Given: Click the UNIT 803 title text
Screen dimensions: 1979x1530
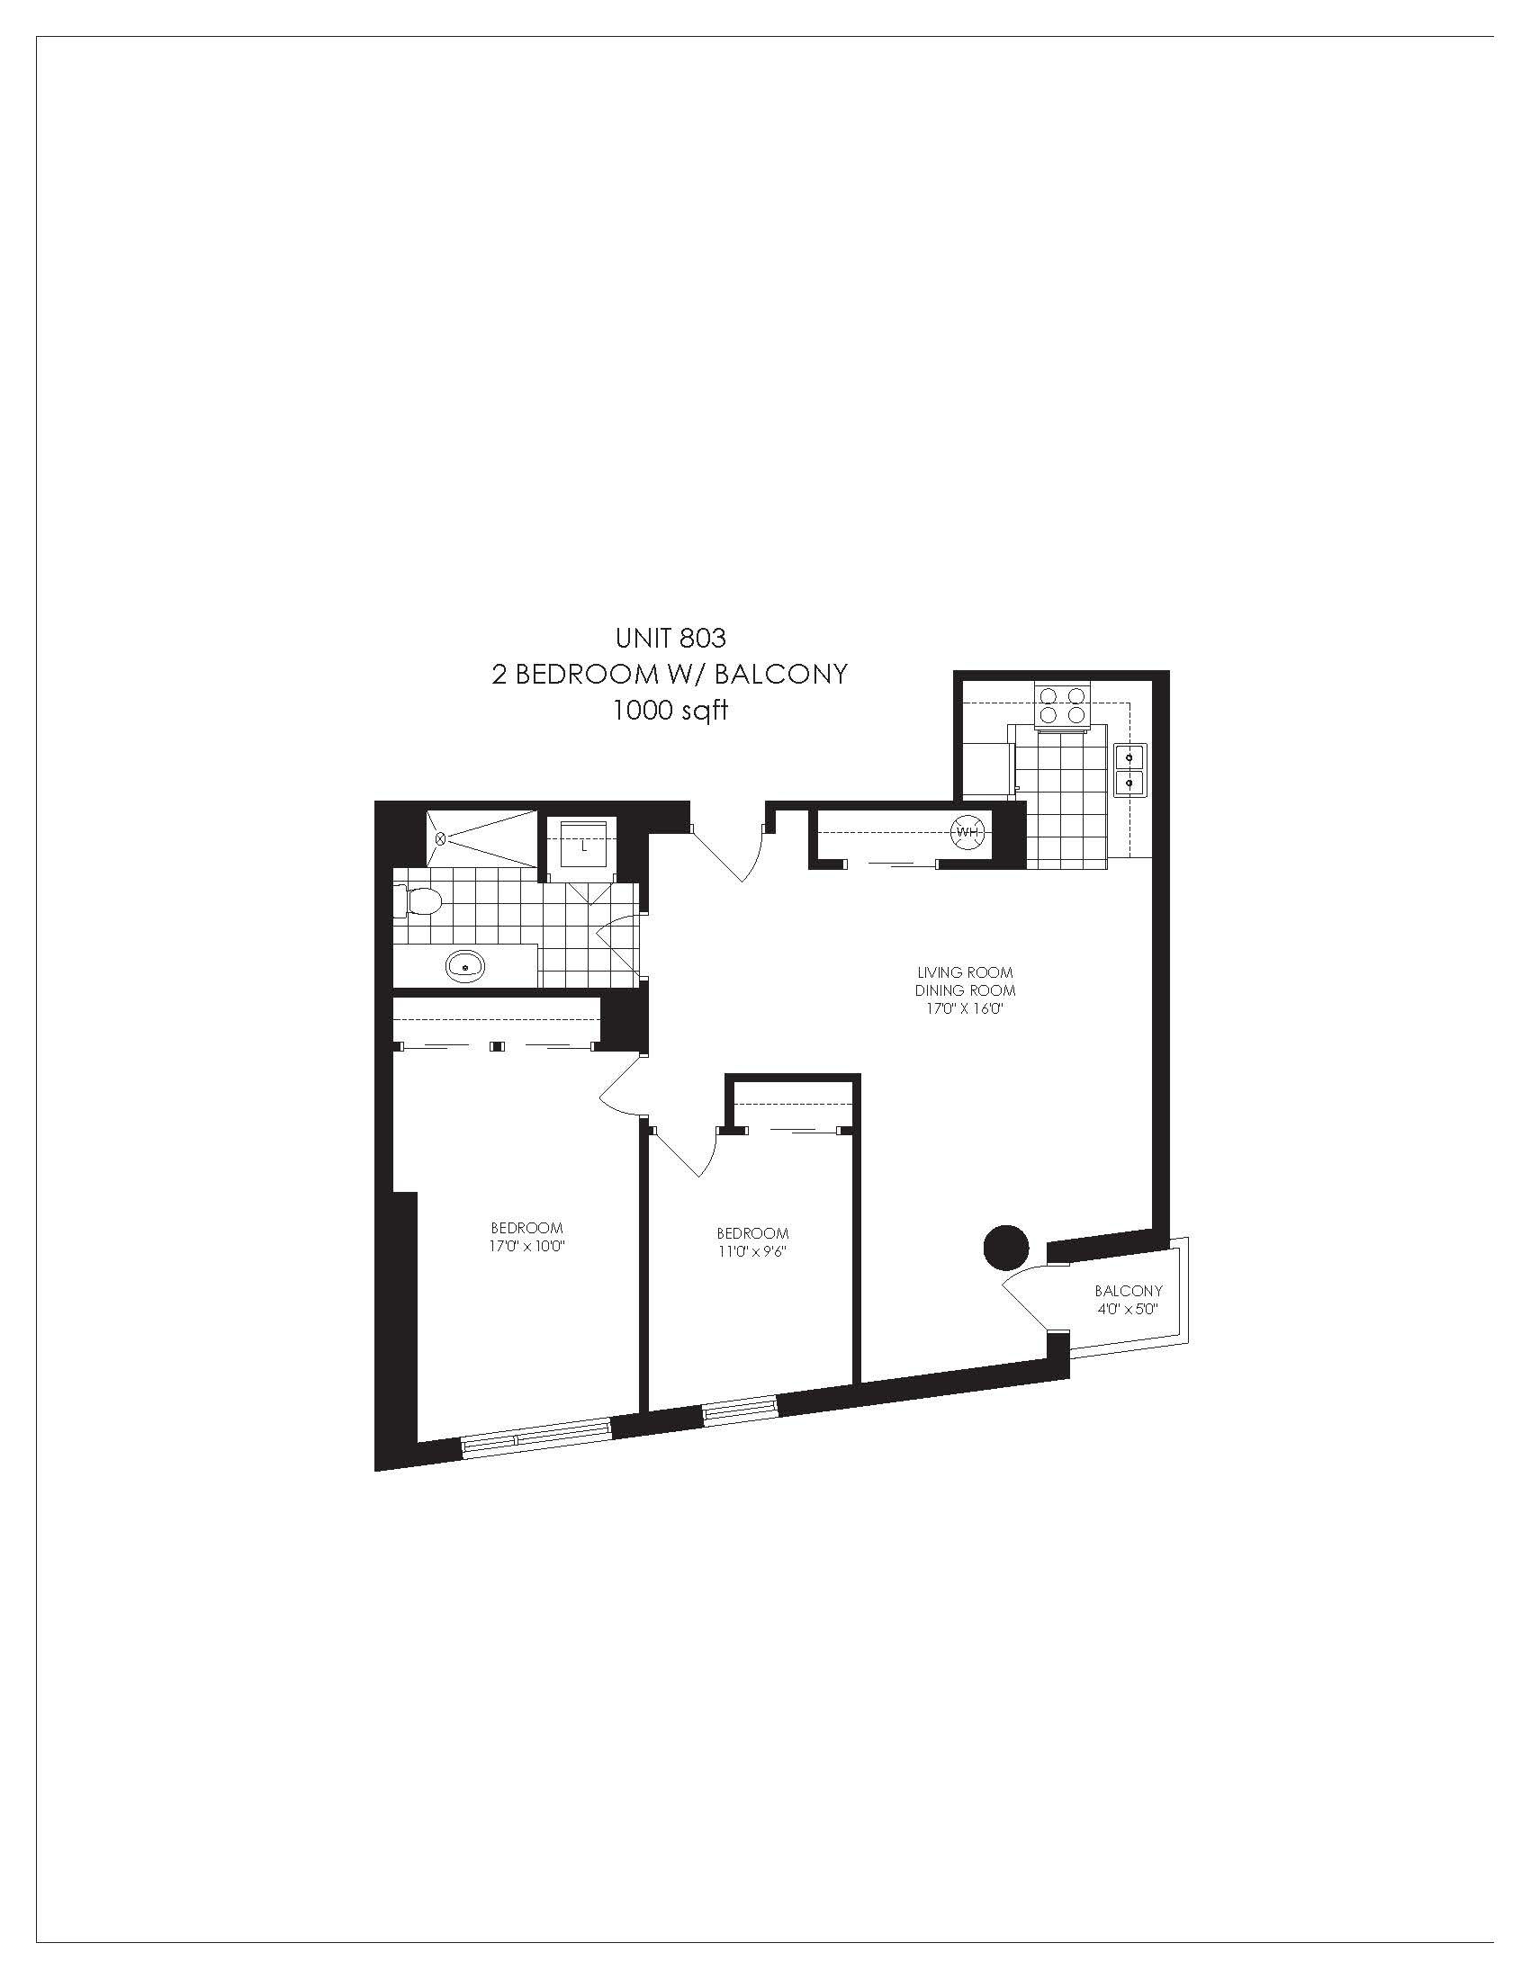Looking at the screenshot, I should (x=670, y=638).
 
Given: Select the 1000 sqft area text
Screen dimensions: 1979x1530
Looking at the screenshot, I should (x=670, y=711).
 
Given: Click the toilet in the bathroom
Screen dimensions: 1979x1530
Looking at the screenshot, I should (x=419, y=900).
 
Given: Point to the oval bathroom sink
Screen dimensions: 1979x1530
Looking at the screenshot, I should (x=466, y=966).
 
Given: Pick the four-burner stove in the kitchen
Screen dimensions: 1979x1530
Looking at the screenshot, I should (x=1063, y=705).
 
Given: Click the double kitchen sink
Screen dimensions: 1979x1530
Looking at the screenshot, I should (x=1130, y=768).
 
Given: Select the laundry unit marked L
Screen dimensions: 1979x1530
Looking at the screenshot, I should (x=583, y=847).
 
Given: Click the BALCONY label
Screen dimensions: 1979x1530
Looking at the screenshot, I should (x=1128, y=1290).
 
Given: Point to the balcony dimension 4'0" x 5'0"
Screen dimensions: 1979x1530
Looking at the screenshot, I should (x=1128, y=1309).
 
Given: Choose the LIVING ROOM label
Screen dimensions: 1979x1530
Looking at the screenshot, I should (x=965, y=972).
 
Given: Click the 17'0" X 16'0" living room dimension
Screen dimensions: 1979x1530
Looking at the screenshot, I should (x=965, y=1008).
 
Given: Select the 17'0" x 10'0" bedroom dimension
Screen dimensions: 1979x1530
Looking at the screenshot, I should (x=526, y=1246).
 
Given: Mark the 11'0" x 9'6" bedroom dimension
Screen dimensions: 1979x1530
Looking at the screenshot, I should (x=752, y=1251).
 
